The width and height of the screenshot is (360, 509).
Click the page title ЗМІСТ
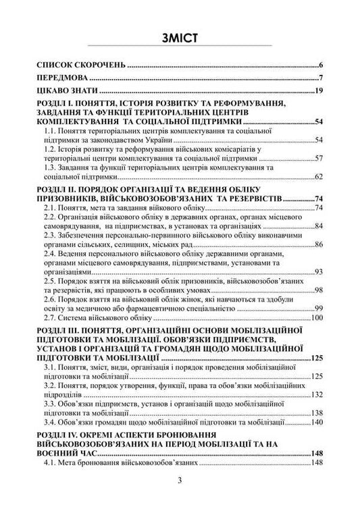179,37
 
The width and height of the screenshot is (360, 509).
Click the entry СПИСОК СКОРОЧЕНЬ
81,65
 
